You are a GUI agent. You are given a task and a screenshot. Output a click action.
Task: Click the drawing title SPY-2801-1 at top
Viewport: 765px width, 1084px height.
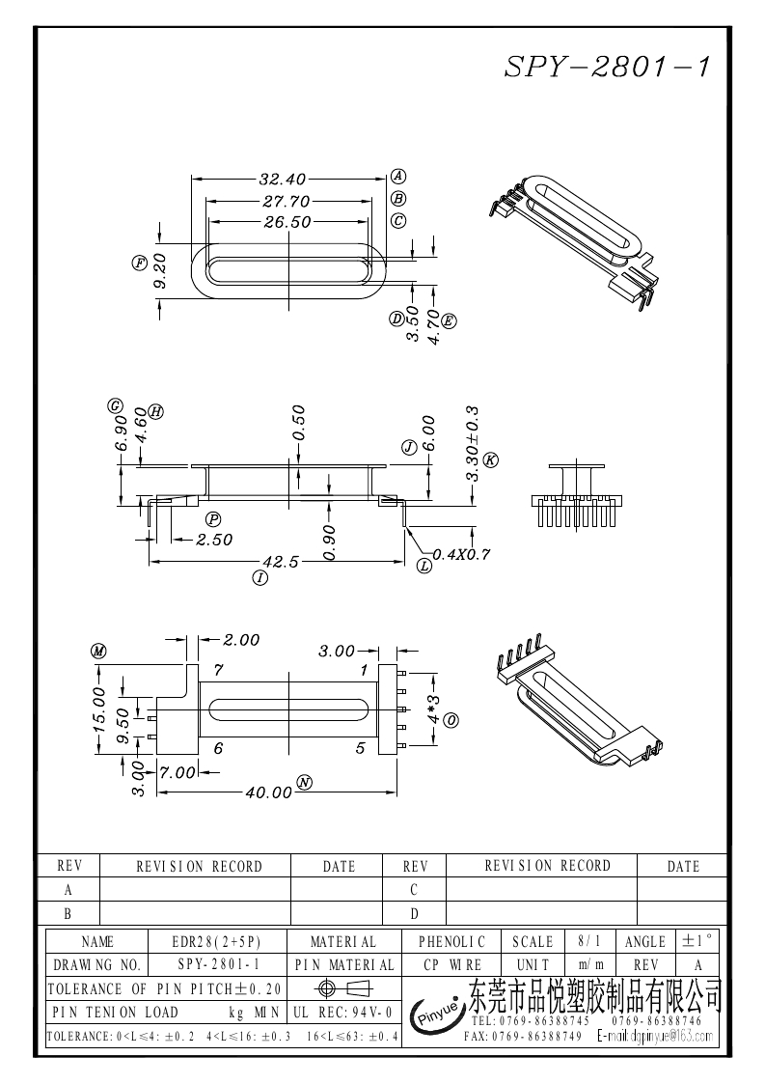[x=607, y=67]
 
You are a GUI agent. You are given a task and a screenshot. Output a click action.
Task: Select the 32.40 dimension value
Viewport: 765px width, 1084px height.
[x=283, y=179]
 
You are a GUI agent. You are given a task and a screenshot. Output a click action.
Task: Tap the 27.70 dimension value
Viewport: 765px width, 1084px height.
[x=287, y=201]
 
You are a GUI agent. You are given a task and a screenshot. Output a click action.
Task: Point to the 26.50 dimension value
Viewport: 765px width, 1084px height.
[x=287, y=222]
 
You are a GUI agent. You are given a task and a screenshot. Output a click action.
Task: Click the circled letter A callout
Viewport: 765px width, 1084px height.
[x=398, y=176]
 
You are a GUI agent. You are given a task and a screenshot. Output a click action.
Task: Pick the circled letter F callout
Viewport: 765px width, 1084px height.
[x=139, y=263]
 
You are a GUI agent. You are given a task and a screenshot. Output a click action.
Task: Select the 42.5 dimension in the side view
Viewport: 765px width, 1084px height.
[x=281, y=562]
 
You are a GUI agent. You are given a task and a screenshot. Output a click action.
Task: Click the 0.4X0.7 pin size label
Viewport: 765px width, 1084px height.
[x=462, y=554]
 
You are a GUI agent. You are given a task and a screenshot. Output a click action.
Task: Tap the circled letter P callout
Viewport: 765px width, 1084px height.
[x=214, y=518]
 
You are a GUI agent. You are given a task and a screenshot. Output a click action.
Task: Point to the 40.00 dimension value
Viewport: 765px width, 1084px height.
[x=269, y=792]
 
